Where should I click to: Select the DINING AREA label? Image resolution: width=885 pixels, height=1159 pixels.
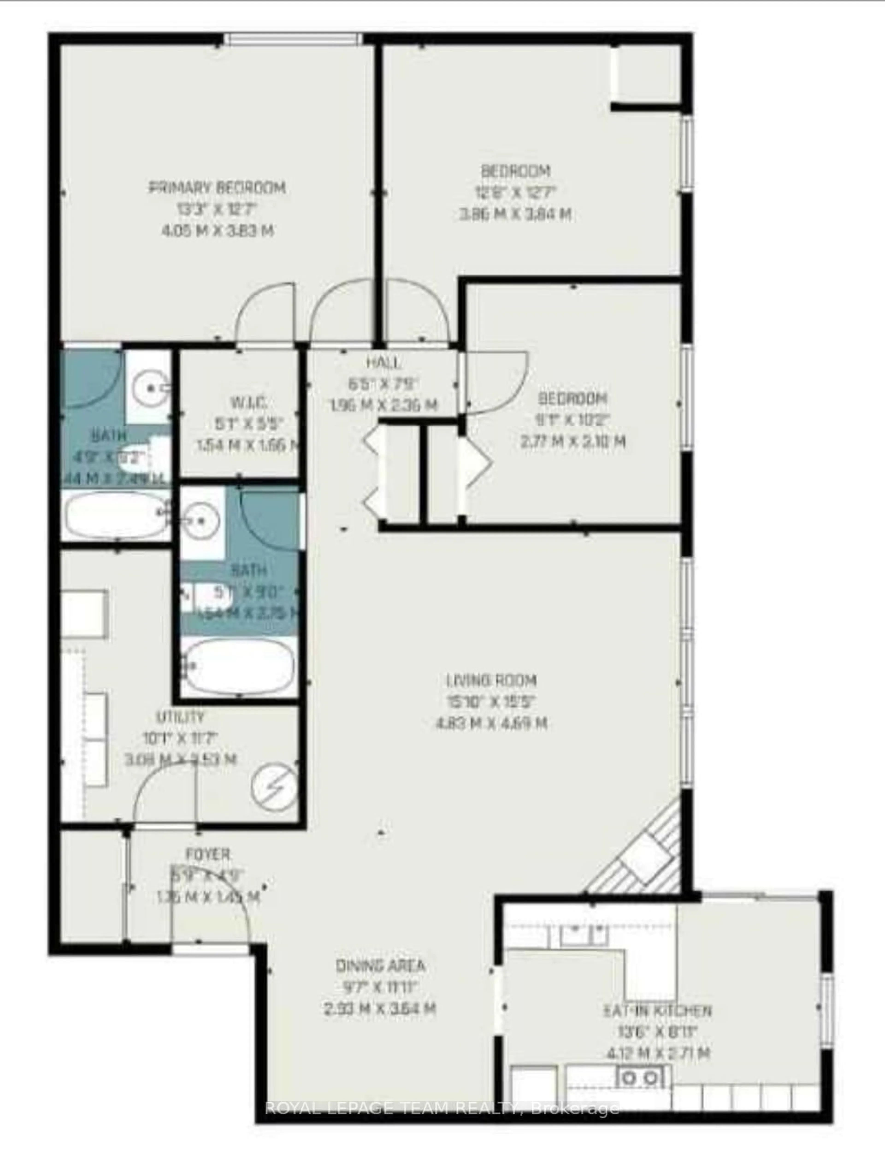pos(380,966)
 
